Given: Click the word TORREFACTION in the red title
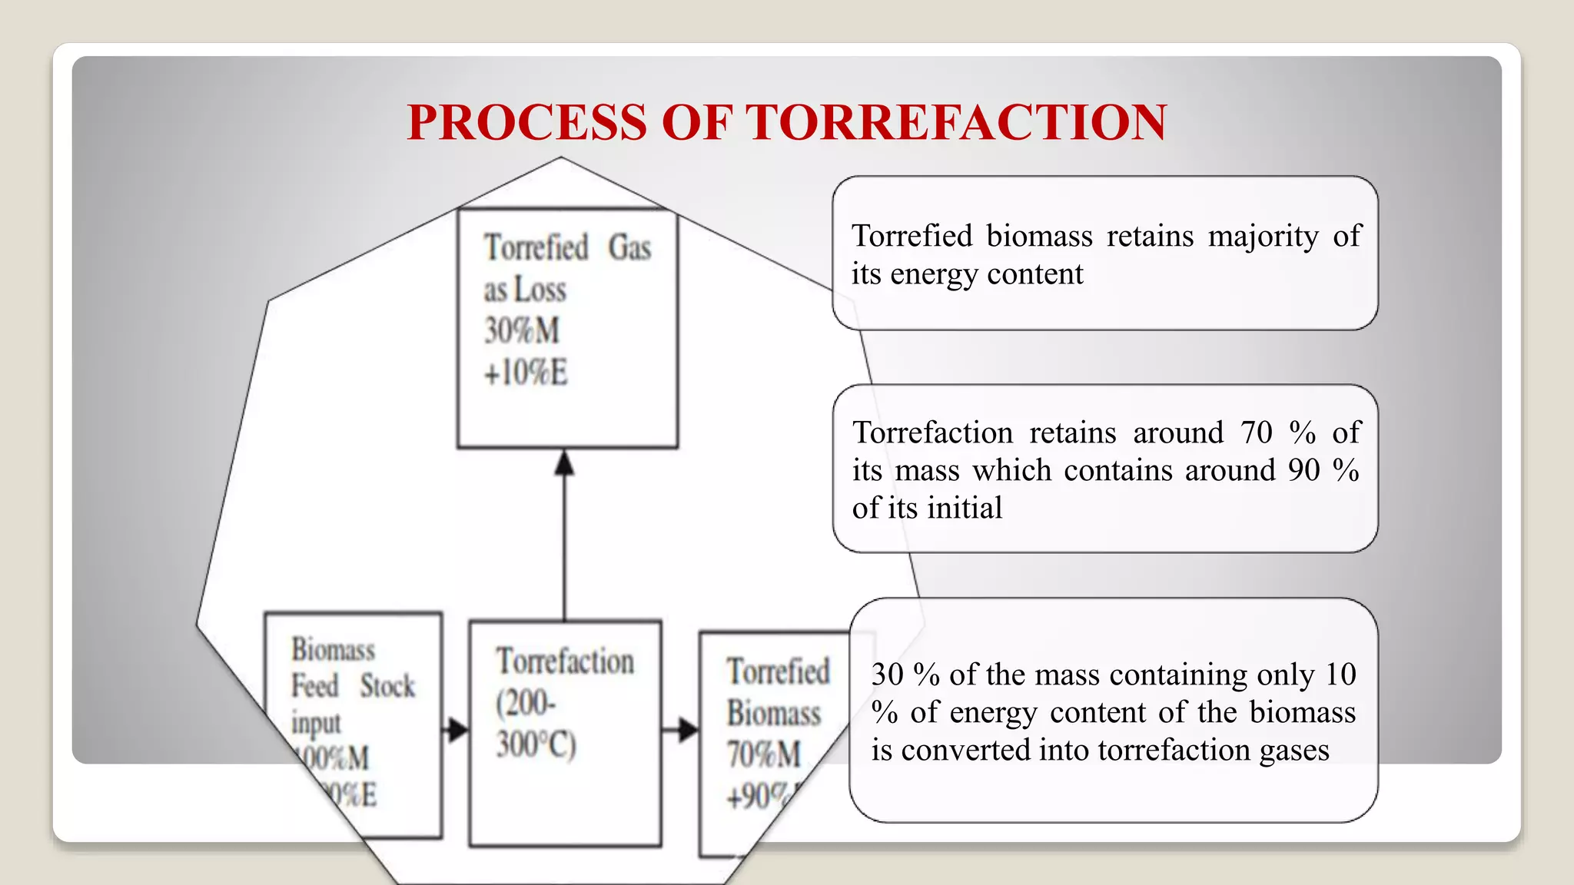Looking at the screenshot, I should click(958, 123).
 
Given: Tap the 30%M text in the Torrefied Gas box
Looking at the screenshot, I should click(522, 331).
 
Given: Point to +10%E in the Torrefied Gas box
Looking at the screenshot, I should click(526, 373).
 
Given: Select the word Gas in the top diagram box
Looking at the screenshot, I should click(629, 248).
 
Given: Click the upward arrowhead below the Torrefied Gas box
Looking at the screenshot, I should click(565, 463).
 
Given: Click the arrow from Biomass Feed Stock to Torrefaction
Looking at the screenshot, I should click(457, 729).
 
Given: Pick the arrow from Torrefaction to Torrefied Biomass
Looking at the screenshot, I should click(681, 729).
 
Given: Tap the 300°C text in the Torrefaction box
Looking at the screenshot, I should click(536, 744).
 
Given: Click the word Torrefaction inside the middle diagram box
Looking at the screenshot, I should click(565, 661).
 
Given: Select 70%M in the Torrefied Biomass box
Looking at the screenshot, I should click(764, 754).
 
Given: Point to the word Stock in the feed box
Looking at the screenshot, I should click(387, 686).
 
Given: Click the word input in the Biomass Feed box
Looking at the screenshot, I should click(316, 723).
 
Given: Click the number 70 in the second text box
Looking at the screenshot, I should click(1257, 433).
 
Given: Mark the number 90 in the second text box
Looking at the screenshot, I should click(1303, 470).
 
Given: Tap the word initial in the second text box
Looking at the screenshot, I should click(965, 508).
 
